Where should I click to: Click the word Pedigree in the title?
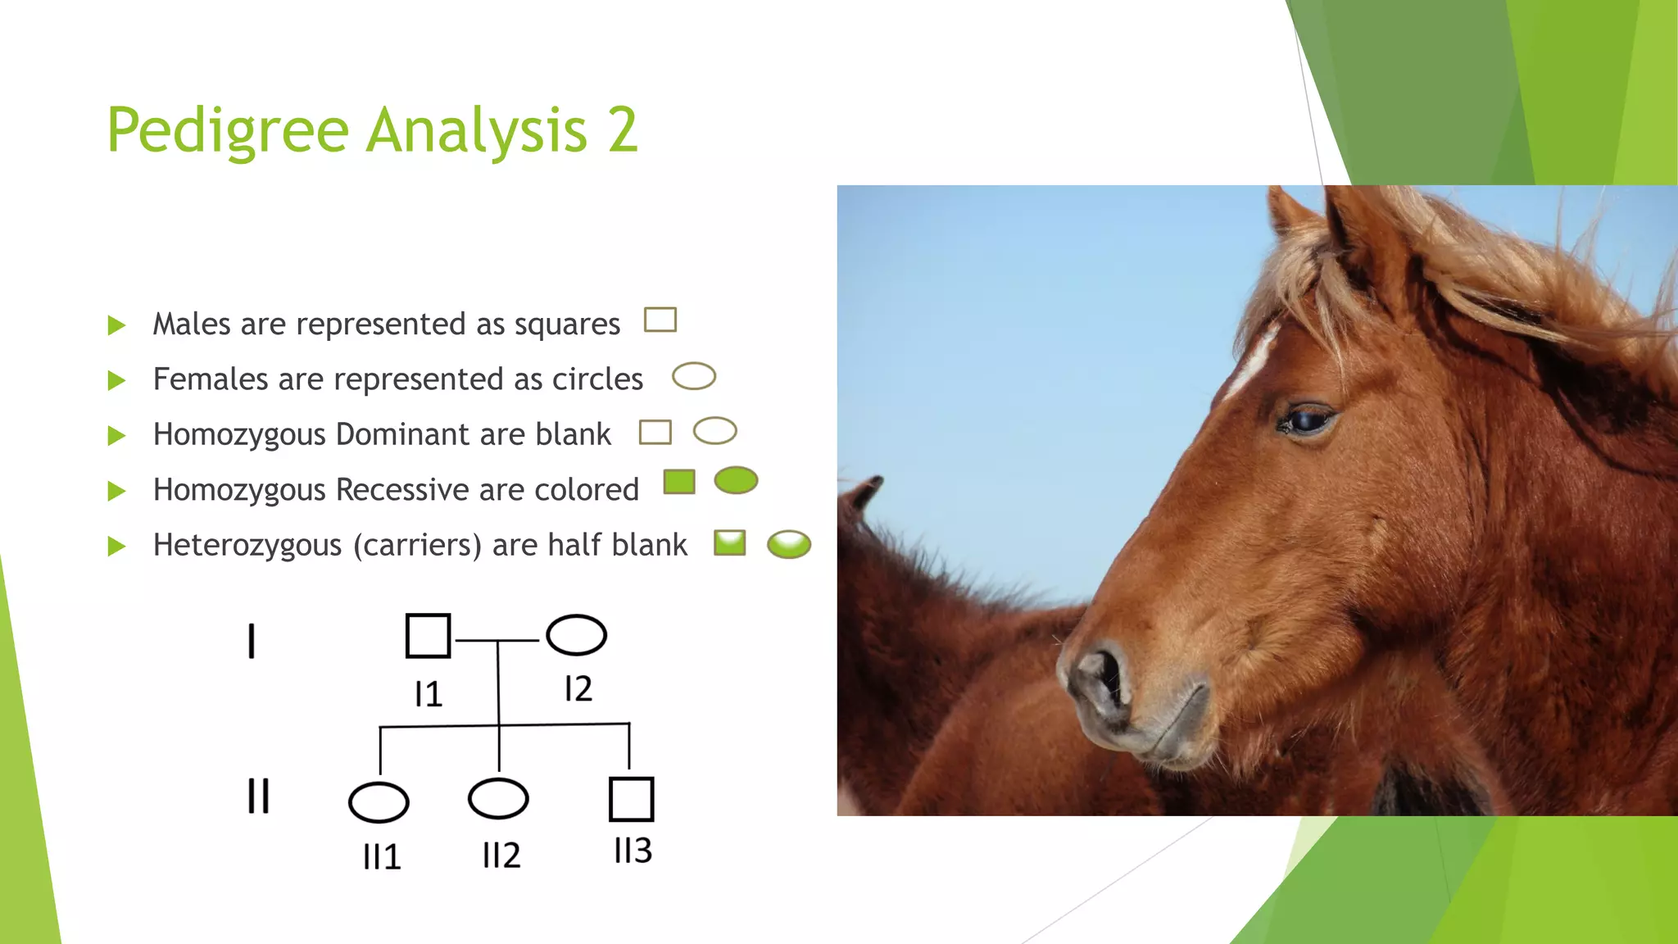click(x=228, y=131)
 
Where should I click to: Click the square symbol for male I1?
click(x=428, y=636)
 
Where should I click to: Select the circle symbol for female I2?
click(x=576, y=635)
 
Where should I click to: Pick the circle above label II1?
click(x=378, y=802)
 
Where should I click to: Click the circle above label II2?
click(x=498, y=798)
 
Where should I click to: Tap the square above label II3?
click(x=631, y=799)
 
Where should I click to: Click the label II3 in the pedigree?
click(x=633, y=851)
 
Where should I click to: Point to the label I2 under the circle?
click(x=578, y=689)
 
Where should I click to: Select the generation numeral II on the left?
click(x=258, y=796)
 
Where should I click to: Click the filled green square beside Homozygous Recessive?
click(x=678, y=482)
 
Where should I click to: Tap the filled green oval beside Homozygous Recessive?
click(x=736, y=480)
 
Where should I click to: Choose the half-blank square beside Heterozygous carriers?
click(x=729, y=542)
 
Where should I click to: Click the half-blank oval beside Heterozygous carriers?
click(x=789, y=544)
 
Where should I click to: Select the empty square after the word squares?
click(x=660, y=320)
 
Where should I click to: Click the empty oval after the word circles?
click(x=693, y=376)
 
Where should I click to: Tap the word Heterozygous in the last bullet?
click(x=247, y=545)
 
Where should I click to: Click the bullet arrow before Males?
click(x=116, y=325)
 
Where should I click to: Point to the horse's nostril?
click(x=1106, y=676)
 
